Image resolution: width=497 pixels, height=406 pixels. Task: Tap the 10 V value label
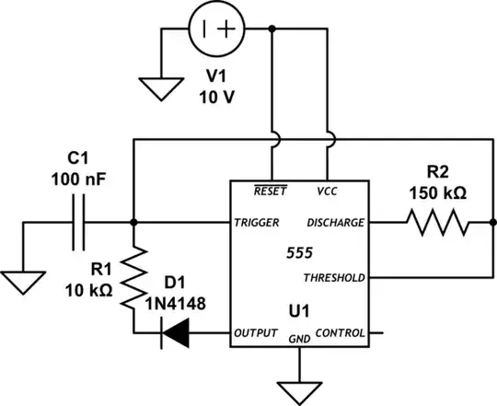click(x=218, y=99)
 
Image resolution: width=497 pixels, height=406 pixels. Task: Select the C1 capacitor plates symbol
click(x=77, y=223)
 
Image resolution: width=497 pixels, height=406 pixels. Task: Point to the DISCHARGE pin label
click(x=335, y=223)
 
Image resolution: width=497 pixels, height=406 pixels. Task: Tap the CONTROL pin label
click(x=340, y=332)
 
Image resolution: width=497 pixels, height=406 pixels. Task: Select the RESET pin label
click(x=270, y=191)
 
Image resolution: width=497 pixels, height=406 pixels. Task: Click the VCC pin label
click(x=328, y=191)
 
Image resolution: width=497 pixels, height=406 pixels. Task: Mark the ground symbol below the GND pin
click(x=298, y=390)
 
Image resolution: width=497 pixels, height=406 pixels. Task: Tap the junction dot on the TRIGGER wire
click(x=135, y=223)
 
